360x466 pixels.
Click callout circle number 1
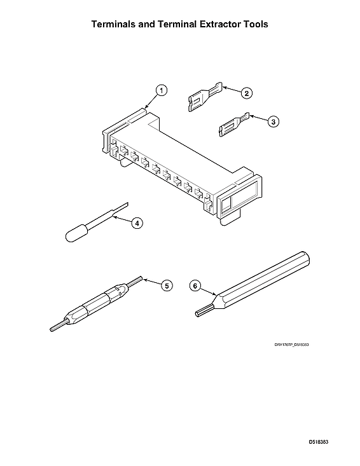coord(162,90)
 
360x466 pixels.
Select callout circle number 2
coord(246,93)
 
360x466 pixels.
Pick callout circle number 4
coord(136,223)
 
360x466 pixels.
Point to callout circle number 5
coord(167,285)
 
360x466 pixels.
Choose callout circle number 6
coord(196,286)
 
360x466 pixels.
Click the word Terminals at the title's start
coord(120,24)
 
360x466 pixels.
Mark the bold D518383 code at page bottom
coord(319,441)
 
